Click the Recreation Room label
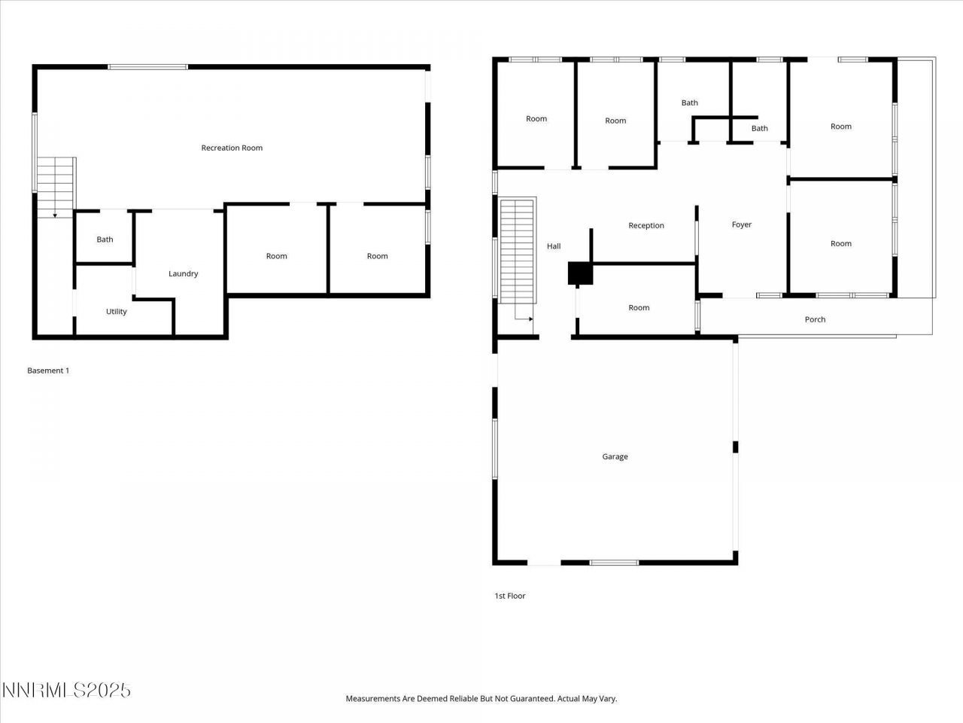tap(232, 148)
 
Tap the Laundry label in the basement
tap(183, 273)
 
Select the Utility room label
tap(117, 311)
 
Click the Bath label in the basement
tap(105, 239)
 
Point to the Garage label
tap(615, 456)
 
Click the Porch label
tap(815, 319)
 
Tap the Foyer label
tap(742, 224)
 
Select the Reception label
tap(646, 225)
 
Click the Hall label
tap(554, 246)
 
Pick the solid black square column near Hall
tap(580, 273)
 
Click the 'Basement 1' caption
tap(48, 371)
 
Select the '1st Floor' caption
tap(510, 596)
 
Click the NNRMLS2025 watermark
tap(66, 690)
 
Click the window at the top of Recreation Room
tap(147, 67)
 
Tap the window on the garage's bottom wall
tap(614, 563)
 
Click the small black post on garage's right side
tap(735, 447)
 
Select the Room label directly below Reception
tap(639, 307)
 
